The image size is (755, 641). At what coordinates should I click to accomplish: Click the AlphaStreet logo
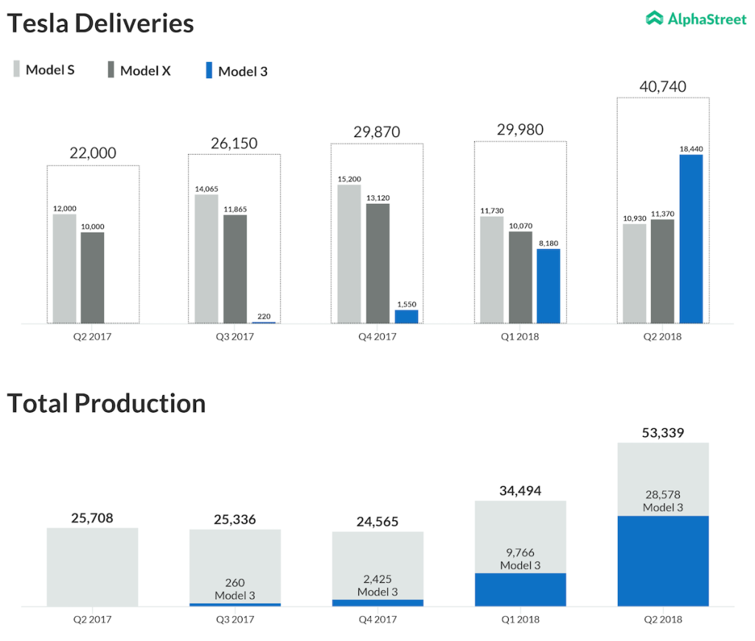coord(696,19)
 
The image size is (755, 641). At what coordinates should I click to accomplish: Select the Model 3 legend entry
coord(236,71)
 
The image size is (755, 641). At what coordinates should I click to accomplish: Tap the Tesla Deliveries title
coord(100,24)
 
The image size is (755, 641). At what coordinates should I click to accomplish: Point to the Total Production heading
coord(106,403)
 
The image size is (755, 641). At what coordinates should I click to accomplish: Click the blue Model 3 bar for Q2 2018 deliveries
coord(691,239)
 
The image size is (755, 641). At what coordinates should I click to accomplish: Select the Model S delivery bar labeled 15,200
coord(349,253)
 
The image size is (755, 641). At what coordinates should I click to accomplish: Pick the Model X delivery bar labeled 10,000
coord(92,278)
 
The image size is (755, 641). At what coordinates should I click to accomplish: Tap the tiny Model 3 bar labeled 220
coord(263,322)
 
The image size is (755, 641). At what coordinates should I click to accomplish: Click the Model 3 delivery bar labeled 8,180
coord(548,286)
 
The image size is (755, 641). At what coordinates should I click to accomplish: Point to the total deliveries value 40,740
coord(662,87)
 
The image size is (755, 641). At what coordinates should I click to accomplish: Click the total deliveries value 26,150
coord(234,143)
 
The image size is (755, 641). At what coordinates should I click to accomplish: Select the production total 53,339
coord(662,432)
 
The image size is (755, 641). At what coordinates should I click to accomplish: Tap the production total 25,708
coord(92,518)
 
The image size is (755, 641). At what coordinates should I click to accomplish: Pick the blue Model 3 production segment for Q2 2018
coord(662,561)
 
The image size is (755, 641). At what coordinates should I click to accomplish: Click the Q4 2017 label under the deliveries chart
coord(377,337)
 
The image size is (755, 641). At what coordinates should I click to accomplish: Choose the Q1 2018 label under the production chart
coord(520,619)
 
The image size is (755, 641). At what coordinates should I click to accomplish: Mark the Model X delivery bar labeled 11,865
coord(235,269)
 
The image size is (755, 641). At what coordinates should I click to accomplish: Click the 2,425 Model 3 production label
coord(377,580)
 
